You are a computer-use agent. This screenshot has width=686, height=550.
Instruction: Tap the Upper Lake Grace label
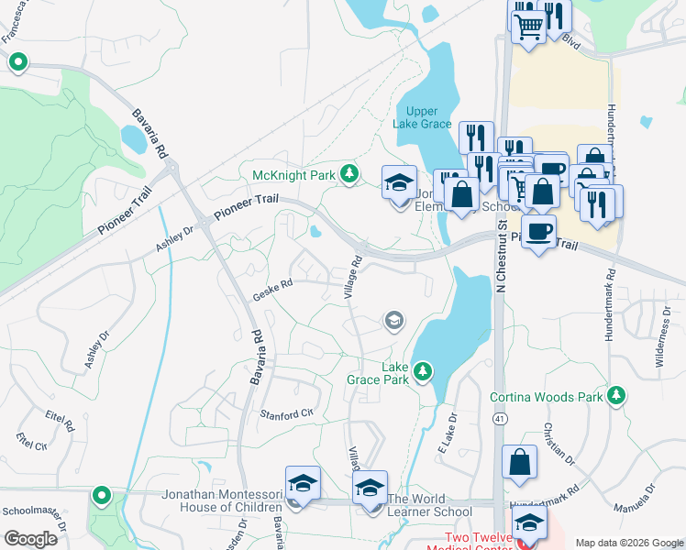pyautogui.click(x=422, y=115)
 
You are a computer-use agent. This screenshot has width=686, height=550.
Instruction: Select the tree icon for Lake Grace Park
pyautogui.click(x=423, y=371)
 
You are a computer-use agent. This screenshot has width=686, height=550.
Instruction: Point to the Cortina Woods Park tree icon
pyautogui.click(x=618, y=396)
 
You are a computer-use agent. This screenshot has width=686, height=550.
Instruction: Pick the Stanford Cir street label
pyautogui.click(x=286, y=414)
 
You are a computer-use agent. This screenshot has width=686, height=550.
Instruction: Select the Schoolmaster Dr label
pyautogui.click(x=34, y=512)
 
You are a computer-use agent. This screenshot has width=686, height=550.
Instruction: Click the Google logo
pyautogui.click(x=30, y=538)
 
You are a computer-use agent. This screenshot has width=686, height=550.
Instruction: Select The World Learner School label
pyautogui.click(x=429, y=506)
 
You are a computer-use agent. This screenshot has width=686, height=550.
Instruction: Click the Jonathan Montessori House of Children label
pyautogui.click(x=222, y=500)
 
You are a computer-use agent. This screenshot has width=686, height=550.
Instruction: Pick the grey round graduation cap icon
pyautogui.click(x=393, y=320)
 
